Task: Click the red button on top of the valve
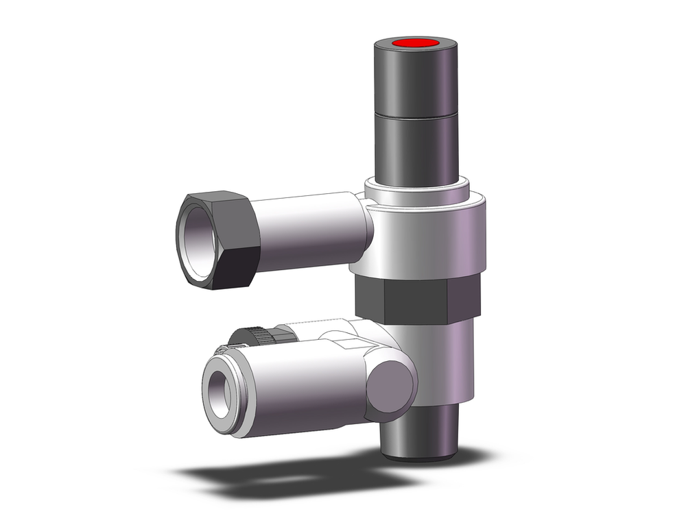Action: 415,45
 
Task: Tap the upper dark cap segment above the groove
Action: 415,82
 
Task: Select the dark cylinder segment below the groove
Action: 415,147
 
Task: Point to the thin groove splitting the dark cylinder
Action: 415,114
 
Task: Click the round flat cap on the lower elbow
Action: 392,387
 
